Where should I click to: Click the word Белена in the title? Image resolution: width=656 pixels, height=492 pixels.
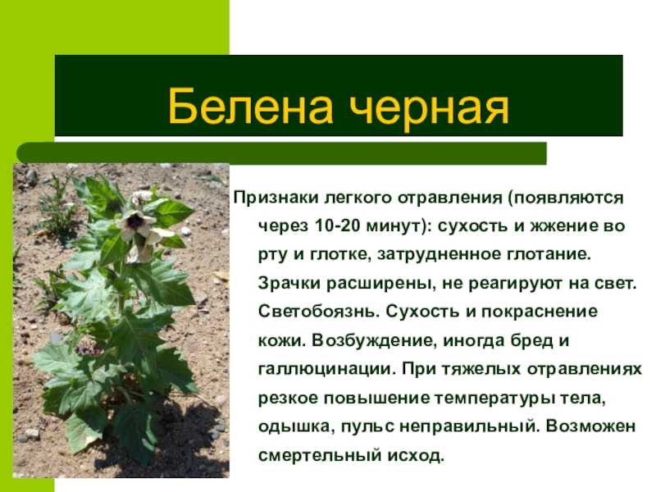tap(251, 107)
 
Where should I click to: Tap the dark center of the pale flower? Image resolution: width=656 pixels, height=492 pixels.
tap(135, 221)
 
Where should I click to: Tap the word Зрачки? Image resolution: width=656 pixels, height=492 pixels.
tap(289, 283)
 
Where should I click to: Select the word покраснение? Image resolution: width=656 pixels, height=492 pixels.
tap(540, 312)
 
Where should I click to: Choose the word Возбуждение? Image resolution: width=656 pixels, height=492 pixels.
tap(375, 340)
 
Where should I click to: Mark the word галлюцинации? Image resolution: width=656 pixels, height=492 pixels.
tap(326, 370)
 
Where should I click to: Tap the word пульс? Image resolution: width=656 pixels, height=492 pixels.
tap(367, 427)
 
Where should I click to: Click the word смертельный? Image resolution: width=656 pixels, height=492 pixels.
tap(320, 455)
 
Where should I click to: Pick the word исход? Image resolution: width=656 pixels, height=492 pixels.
tap(415, 455)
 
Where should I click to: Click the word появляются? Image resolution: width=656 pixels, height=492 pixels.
tap(566, 198)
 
